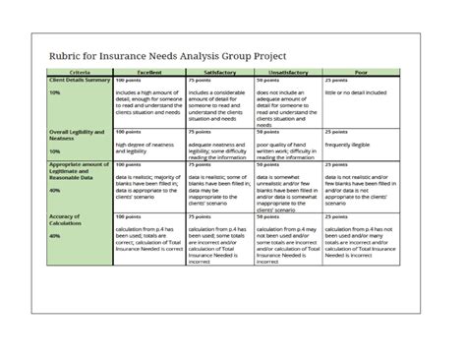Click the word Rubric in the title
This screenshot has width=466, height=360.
tap(71, 56)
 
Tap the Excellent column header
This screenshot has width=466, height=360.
tap(148, 73)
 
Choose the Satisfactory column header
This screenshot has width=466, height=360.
tap(219, 73)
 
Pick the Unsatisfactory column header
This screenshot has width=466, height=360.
tap(288, 73)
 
